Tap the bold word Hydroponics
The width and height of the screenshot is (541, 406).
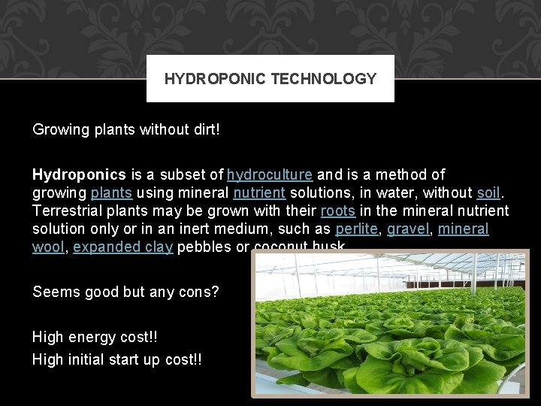pos(80,174)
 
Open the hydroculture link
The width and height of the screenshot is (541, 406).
pos(270,174)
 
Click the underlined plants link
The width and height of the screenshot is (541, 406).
pos(111,192)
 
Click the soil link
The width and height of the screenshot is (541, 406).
pos(488,192)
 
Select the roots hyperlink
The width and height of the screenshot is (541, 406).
pos(338,211)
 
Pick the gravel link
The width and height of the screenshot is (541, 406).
pos(406,229)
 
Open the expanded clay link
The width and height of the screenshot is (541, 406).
pos(124,247)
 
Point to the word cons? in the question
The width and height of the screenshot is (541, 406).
pos(198,291)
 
